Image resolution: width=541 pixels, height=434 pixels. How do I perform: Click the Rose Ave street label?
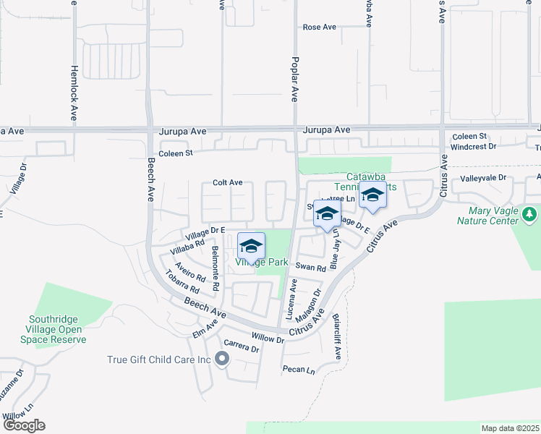pos(320,27)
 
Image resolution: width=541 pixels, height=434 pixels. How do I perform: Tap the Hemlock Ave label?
pos(74,94)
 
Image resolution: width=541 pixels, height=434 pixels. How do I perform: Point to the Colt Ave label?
pos(227,183)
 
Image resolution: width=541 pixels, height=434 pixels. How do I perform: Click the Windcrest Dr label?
pos(473,146)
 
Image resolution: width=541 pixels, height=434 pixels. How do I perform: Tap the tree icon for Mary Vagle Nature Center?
pos(530,213)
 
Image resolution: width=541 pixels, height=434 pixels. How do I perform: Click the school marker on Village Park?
pos(251,246)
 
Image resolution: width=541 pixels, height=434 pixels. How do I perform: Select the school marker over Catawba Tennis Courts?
pos(372,195)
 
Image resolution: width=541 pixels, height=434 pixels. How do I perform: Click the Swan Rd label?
pos(311,268)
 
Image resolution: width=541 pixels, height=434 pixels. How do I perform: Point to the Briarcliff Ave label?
pos(337,336)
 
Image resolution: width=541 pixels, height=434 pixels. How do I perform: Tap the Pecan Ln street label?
pos(299,370)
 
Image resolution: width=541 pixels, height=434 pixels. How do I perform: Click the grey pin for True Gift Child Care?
pos(222,358)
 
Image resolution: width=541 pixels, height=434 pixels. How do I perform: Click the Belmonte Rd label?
pos(216,269)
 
